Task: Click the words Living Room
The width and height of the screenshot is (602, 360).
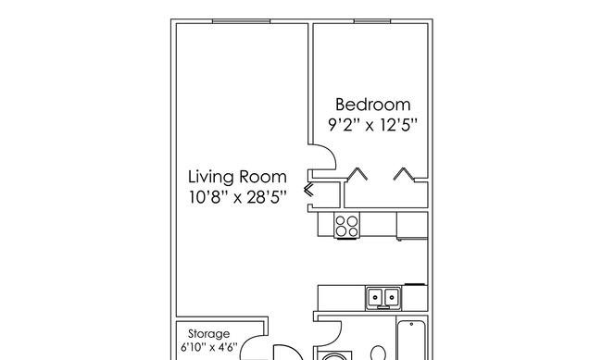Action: click(237, 178)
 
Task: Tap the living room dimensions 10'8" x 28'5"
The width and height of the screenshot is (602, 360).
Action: click(238, 197)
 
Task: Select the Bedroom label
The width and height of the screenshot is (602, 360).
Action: click(373, 105)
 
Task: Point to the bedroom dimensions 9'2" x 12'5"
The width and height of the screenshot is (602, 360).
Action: click(372, 125)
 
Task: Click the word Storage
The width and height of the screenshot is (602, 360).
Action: click(209, 334)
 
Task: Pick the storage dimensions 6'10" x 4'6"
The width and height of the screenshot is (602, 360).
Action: click(209, 347)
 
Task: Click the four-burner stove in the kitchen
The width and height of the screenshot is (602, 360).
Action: click(346, 226)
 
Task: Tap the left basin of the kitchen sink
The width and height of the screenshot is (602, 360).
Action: click(375, 297)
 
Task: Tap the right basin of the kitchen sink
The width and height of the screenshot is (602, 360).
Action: click(391, 297)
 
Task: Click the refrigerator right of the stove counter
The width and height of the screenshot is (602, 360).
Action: click(412, 226)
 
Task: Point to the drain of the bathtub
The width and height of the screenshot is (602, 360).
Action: click(411, 324)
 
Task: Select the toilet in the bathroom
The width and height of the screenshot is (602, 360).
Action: click(379, 354)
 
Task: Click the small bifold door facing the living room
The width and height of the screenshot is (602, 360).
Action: click(308, 190)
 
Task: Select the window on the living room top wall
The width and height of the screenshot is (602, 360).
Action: click(241, 21)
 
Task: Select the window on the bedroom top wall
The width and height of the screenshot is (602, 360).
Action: click(372, 21)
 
